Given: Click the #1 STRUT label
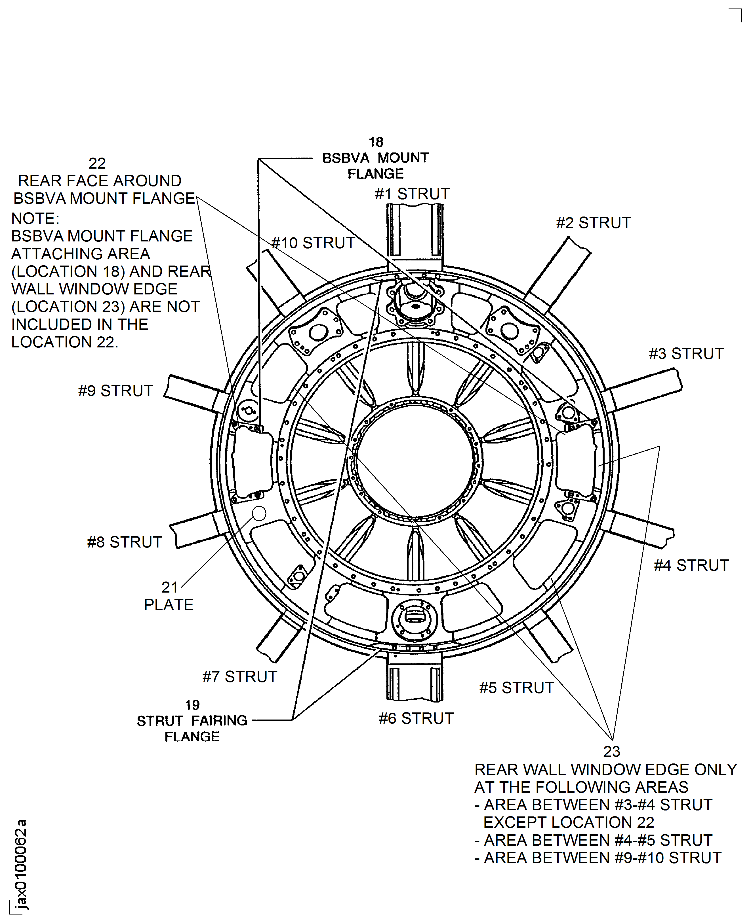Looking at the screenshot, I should coord(412,194).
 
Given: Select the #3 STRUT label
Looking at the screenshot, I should coord(686,354).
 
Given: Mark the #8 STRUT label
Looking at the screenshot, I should coord(124,542).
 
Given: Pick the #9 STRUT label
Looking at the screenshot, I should coord(115,391).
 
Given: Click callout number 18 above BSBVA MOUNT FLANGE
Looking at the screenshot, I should coord(376,142).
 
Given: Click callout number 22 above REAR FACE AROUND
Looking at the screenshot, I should coord(97,163).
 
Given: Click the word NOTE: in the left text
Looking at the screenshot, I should coord(35,219).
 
